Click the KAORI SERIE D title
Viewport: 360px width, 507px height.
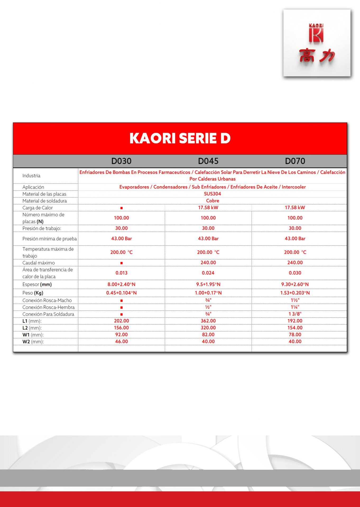180,138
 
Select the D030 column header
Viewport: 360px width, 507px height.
121,161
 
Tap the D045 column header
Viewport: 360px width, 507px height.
208,161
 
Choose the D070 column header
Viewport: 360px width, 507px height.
295,161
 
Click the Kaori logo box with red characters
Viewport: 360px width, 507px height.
317,43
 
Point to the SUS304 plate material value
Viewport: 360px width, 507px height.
213,194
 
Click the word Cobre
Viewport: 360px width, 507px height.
213,201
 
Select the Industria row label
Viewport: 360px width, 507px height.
31,176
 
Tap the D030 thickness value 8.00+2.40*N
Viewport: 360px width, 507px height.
121,284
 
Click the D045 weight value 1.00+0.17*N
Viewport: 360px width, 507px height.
208,293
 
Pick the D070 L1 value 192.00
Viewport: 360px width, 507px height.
295,321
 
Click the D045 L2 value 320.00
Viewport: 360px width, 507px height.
208,328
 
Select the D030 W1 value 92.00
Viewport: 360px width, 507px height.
121,335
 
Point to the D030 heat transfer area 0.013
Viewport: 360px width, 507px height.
121,273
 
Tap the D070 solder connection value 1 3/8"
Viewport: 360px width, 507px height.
295,314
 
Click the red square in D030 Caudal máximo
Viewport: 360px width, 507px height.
122,263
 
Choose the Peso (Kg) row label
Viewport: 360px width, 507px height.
33,293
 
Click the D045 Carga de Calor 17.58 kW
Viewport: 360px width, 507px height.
208,208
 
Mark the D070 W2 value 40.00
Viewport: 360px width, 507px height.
295,341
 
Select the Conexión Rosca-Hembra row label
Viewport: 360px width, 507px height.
48,307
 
